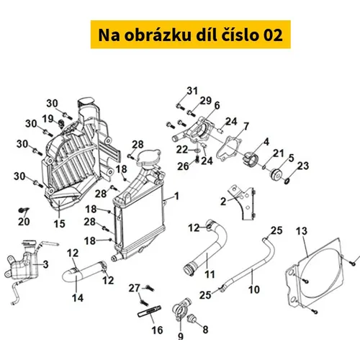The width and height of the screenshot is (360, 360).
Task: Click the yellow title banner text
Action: [190, 35]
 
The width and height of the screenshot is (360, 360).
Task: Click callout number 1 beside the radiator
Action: [177, 196]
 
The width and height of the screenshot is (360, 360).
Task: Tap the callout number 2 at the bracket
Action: [223, 202]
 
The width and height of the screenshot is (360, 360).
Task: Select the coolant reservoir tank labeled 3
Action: [22, 265]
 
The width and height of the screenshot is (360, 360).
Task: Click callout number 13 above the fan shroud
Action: [302, 231]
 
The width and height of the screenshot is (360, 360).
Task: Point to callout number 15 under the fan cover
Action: [60, 224]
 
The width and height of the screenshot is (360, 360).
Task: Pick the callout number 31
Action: [192, 91]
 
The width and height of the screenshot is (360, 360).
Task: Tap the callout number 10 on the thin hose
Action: [254, 289]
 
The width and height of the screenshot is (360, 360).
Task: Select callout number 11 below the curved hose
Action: [210, 274]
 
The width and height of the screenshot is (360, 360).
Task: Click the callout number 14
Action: [78, 298]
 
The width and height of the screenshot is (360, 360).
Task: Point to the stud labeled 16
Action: [149, 311]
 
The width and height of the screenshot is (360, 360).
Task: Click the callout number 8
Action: [205, 330]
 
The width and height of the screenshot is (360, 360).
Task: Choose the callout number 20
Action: [24, 222]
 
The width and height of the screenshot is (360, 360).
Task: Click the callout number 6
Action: [217, 105]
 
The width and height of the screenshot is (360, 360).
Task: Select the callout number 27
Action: [134, 288]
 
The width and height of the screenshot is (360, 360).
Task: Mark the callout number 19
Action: [48, 119]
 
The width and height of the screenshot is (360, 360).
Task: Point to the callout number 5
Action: [291, 158]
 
